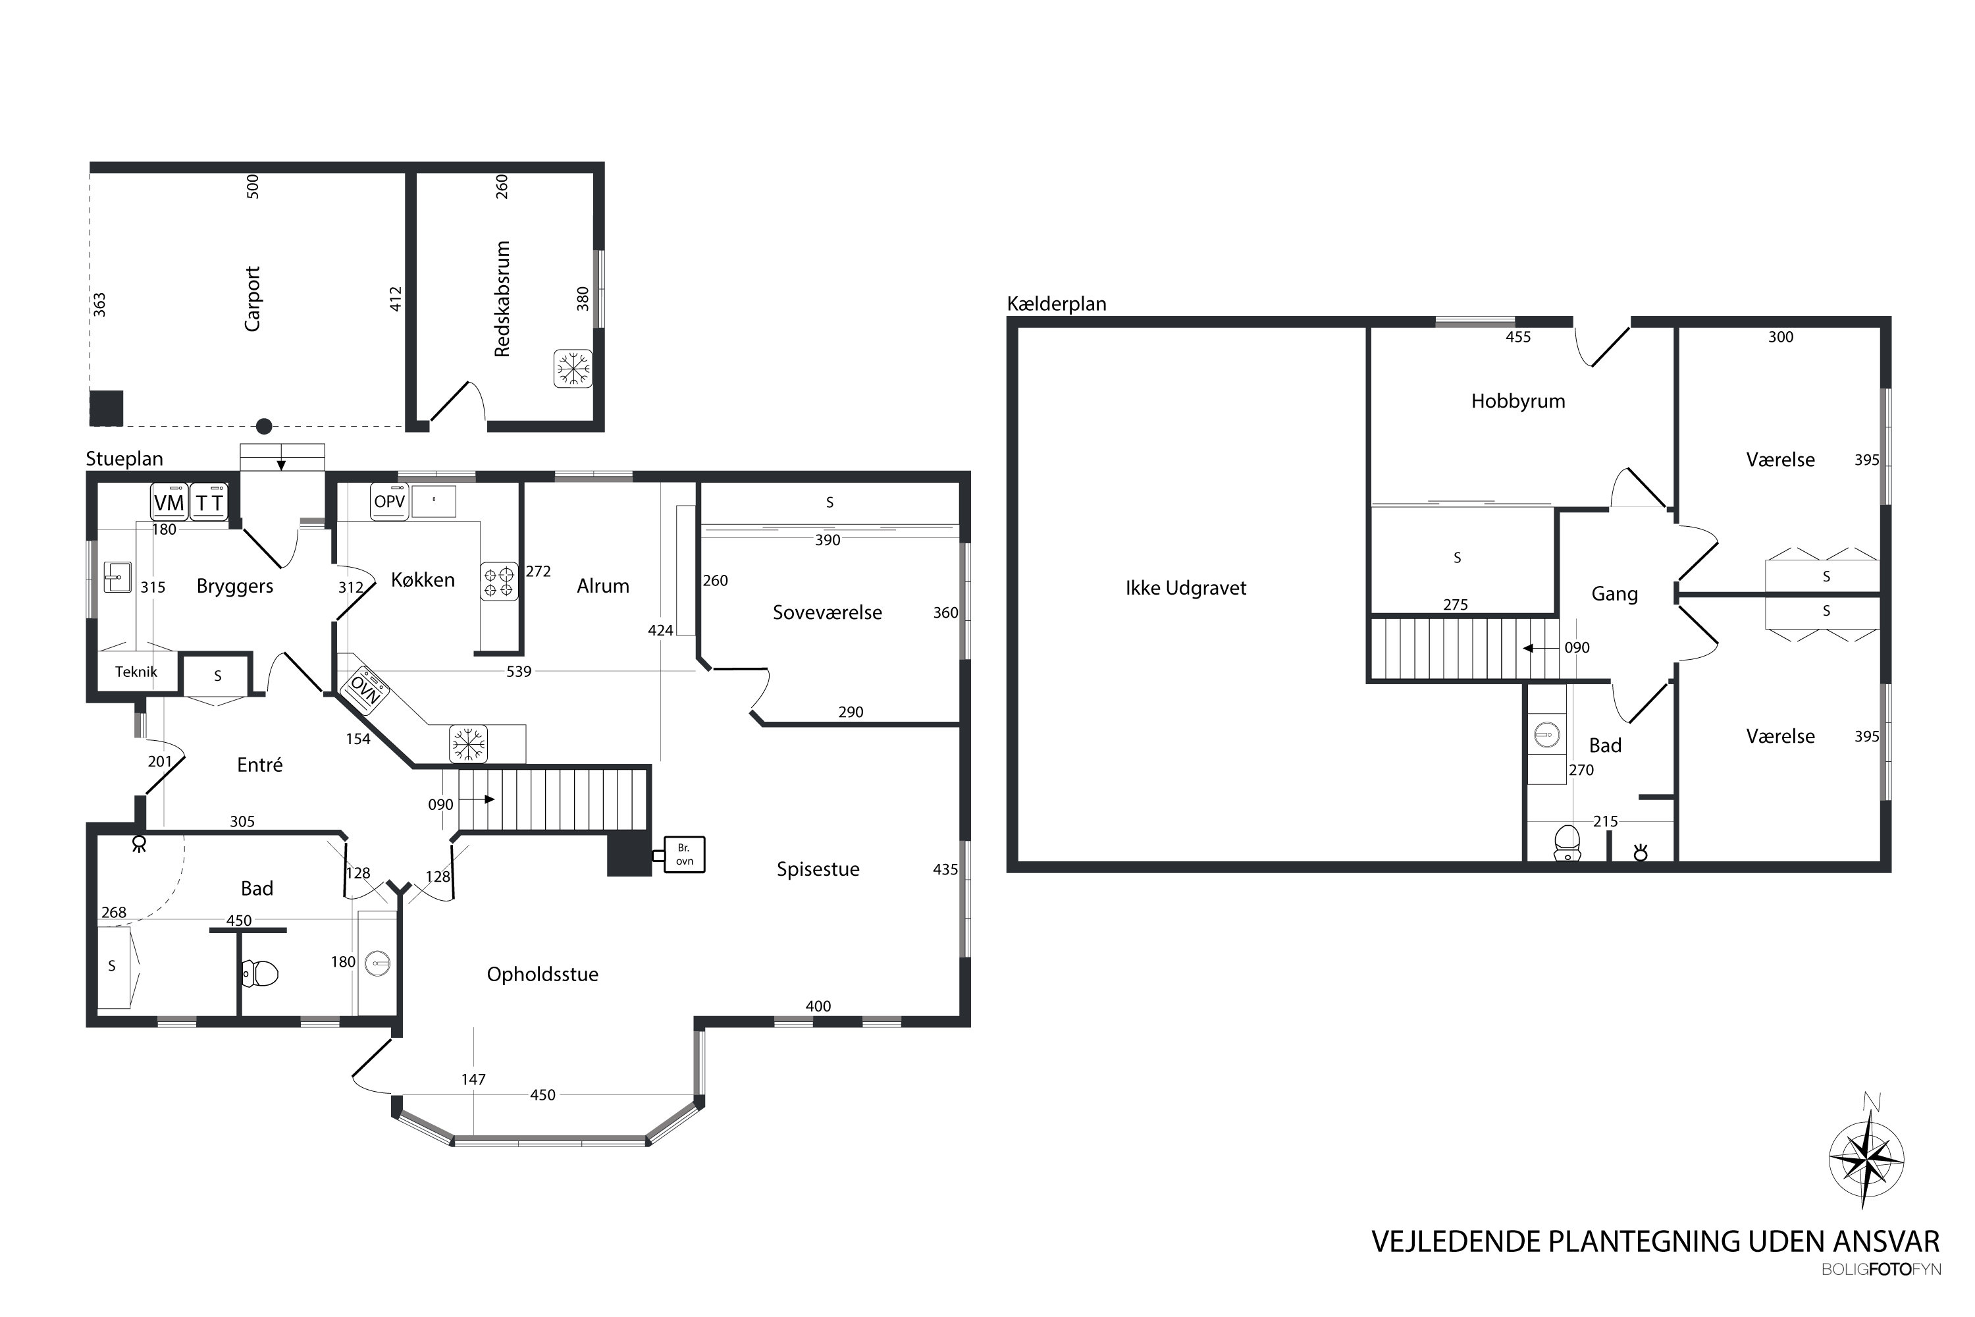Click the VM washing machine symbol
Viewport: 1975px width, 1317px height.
[170, 502]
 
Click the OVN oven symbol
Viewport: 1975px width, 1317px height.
[365, 689]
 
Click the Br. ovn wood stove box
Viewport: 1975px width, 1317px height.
[685, 854]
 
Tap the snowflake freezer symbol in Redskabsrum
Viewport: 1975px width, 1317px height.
[573, 369]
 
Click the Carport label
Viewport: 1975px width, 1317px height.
[252, 298]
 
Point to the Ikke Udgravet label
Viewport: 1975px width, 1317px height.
[1186, 588]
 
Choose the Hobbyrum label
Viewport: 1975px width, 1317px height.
[1518, 402]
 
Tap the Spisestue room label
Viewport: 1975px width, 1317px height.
[818, 869]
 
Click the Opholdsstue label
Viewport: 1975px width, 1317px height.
[542, 975]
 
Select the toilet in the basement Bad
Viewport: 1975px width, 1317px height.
[1567, 842]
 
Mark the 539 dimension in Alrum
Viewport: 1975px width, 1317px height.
[519, 671]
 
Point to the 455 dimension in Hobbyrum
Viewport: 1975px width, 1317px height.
[1518, 336]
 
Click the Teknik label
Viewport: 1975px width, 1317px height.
[136, 671]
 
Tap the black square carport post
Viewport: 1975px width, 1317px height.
[107, 408]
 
